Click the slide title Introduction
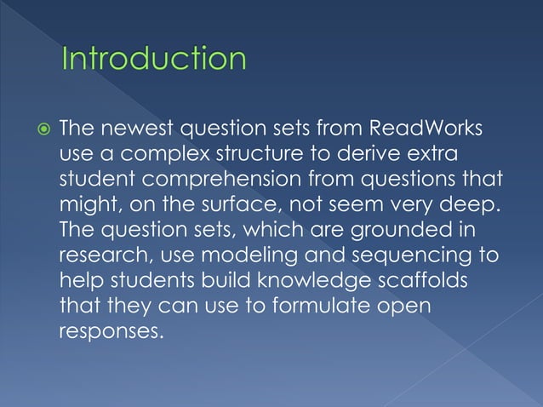click(154, 60)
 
